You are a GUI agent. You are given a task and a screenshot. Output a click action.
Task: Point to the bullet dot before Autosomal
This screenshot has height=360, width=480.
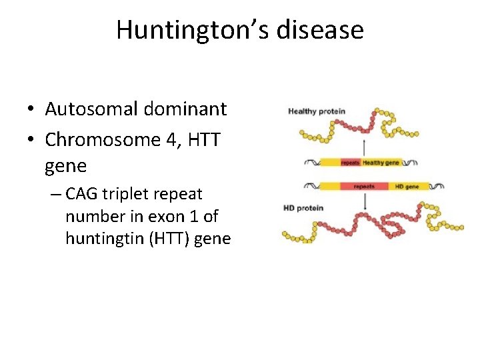click(x=31, y=109)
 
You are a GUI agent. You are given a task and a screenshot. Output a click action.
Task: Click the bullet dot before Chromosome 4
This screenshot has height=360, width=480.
click(x=31, y=140)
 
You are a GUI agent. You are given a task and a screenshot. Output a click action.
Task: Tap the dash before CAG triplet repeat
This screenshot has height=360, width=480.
click(x=55, y=195)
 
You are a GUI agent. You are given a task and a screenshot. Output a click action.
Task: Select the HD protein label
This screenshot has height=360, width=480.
click(x=303, y=208)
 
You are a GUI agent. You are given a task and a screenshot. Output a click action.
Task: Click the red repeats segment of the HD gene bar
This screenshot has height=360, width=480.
click(x=364, y=187)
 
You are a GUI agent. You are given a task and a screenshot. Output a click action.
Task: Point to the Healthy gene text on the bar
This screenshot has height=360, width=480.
click(x=381, y=163)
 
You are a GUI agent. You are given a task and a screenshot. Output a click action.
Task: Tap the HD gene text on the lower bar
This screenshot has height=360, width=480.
click(x=407, y=187)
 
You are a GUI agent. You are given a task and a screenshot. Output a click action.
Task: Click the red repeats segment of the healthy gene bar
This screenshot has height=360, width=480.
click(x=351, y=163)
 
